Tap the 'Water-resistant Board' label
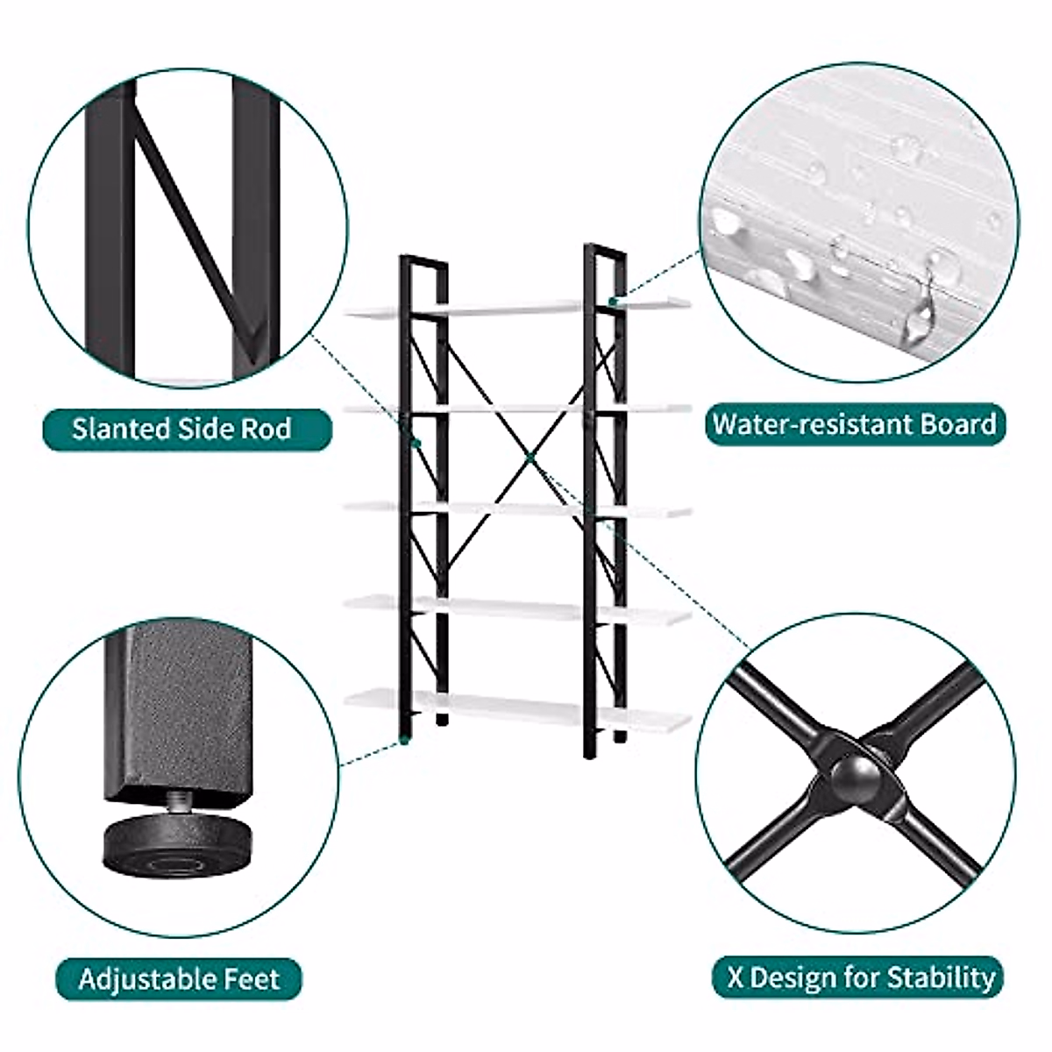855,424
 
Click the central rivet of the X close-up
856,773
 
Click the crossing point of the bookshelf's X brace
530,458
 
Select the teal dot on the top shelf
613,301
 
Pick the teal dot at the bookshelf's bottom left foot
404,741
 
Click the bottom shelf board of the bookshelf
517,708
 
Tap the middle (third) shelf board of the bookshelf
517,508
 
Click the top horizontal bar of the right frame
606,250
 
